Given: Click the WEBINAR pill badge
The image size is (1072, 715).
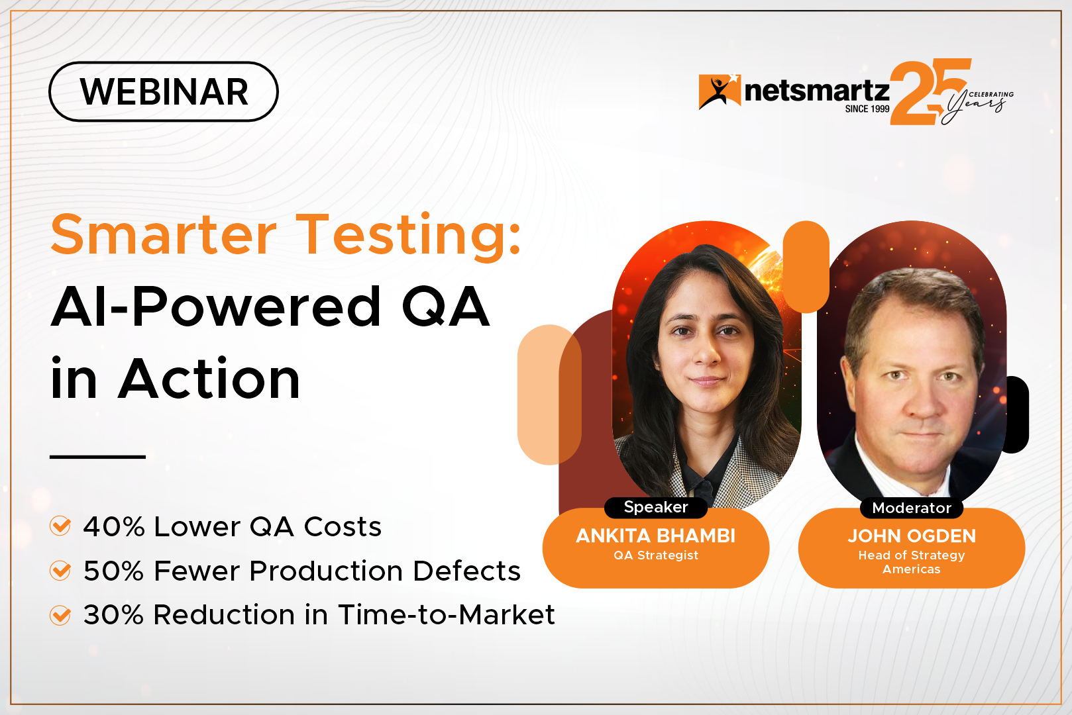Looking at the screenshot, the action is click(x=163, y=91).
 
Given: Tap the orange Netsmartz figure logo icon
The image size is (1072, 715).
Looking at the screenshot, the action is click(x=720, y=91).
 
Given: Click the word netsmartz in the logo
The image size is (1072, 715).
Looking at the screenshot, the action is click(x=816, y=91).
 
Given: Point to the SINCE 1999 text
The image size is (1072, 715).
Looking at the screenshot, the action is click(x=867, y=109).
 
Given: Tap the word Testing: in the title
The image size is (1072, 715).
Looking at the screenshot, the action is click(x=408, y=238).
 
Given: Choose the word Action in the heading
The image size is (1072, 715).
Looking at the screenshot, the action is click(x=209, y=378).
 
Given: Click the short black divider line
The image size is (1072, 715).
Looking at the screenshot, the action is click(x=97, y=457).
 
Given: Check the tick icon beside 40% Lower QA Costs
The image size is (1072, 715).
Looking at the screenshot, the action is click(x=60, y=526).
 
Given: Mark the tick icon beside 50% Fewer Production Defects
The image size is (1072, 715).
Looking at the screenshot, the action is click(x=60, y=570).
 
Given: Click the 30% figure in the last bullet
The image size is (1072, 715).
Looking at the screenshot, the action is click(x=113, y=614).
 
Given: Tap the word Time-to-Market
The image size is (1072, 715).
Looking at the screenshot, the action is click(x=446, y=614).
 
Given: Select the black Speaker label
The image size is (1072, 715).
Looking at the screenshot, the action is click(x=656, y=507).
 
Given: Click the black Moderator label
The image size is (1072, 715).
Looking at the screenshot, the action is click(x=911, y=508).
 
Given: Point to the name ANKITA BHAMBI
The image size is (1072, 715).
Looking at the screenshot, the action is click(x=656, y=536).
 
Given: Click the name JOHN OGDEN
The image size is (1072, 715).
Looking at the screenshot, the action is click(x=912, y=536).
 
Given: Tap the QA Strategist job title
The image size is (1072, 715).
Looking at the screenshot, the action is click(x=656, y=555).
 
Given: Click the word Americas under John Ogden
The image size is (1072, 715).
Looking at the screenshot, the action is click(x=911, y=569).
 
